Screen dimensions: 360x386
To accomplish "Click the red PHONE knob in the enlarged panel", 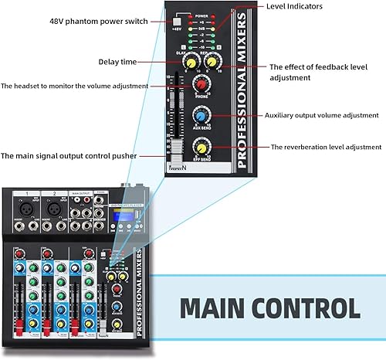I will pos(201,84).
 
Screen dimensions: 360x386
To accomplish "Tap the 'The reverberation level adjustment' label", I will pos(326,146).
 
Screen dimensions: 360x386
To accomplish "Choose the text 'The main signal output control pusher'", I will pos(69,155).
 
